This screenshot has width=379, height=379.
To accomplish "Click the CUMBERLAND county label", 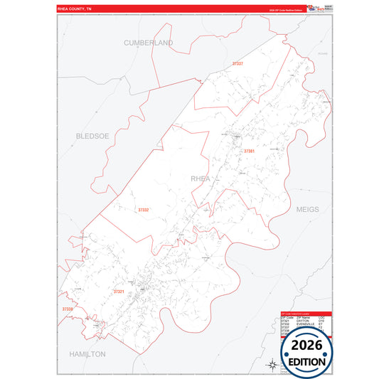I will click(x=149, y=43).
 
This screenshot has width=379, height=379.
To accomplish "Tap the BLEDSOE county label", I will click(x=92, y=135).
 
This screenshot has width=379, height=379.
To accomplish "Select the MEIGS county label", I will click(x=308, y=210).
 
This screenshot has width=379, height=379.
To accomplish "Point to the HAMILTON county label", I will click(x=87, y=353).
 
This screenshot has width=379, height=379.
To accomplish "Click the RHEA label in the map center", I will click(x=201, y=178).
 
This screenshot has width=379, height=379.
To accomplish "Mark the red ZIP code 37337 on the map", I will click(x=237, y=64).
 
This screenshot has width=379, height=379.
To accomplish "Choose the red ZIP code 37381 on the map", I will click(x=249, y=151).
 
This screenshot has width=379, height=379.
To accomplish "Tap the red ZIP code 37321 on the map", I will click(x=119, y=292).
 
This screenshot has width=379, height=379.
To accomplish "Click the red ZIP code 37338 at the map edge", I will click(x=67, y=309).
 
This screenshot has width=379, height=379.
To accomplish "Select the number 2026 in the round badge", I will click(x=306, y=346).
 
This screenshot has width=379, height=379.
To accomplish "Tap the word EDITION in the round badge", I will click(x=306, y=361).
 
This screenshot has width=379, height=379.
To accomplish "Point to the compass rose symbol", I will click(x=271, y=365).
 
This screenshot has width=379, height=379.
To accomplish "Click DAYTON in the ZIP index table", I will click(x=301, y=321).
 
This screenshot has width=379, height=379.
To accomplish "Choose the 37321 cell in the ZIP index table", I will click(x=286, y=321).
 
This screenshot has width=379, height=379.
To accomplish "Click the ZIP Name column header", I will click(x=301, y=317).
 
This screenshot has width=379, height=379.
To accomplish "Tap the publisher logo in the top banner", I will click(x=313, y=9).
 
